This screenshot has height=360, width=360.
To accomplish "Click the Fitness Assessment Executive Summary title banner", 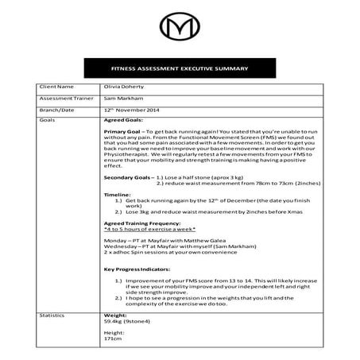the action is coord(180,69).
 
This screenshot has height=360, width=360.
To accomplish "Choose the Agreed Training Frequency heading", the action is coord(141,224).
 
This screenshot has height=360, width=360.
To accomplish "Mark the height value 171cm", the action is coord(114,340).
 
